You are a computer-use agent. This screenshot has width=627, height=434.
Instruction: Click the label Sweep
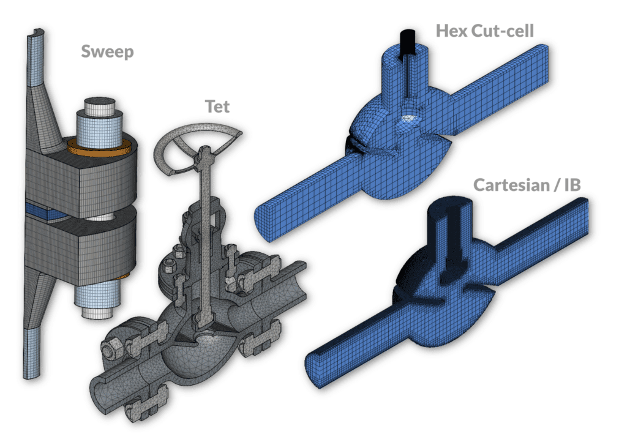tap(107, 52)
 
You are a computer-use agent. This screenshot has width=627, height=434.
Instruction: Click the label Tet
tap(217, 107)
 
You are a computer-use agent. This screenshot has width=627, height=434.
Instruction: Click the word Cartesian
tap(512, 185)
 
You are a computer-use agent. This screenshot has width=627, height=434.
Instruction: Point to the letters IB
tap(573, 185)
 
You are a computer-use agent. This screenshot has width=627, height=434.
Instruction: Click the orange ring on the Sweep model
tap(100, 148)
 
